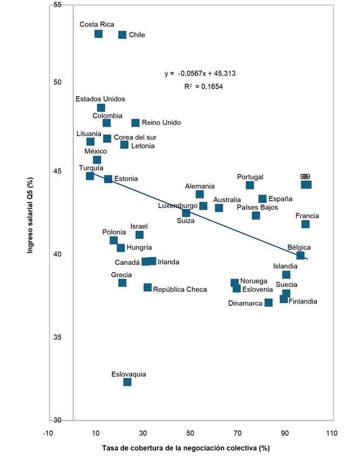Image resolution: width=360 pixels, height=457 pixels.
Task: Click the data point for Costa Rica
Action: pyautogui.click(x=98, y=34)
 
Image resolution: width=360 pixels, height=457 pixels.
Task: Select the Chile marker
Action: pyautogui.click(x=122, y=35)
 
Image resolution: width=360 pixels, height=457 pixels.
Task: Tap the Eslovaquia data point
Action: pyautogui.click(x=127, y=382)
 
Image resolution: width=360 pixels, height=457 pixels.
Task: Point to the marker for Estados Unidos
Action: pyautogui.click(x=101, y=108)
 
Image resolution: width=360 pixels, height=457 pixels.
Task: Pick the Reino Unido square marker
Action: pyautogui.click(x=135, y=123)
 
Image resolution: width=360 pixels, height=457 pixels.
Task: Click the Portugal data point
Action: pyautogui.click(x=249, y=185)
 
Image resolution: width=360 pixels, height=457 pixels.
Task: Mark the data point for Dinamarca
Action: pyautogui.click(x=269, y=303)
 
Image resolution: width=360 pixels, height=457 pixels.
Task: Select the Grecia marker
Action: pyautogui.click(x=122, y=283)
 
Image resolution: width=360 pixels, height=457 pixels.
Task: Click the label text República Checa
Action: pyautogui.click(x=180, y=290)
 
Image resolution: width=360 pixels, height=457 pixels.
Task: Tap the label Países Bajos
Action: pyautogui.click(x=257, y=207)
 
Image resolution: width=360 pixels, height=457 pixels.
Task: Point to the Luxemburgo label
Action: pyautogui.click(x=178, y=206)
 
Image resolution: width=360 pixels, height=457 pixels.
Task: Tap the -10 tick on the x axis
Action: pyautogui.click(x=49, y=433)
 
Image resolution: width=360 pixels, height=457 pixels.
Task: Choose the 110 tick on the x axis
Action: pyautogui.click(x=332, y=433)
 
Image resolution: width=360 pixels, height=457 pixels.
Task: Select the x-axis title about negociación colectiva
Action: pyautogui.click(x=185, y=448)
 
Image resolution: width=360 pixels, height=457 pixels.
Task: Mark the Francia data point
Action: pyautogui.click(x=305, y=224)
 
